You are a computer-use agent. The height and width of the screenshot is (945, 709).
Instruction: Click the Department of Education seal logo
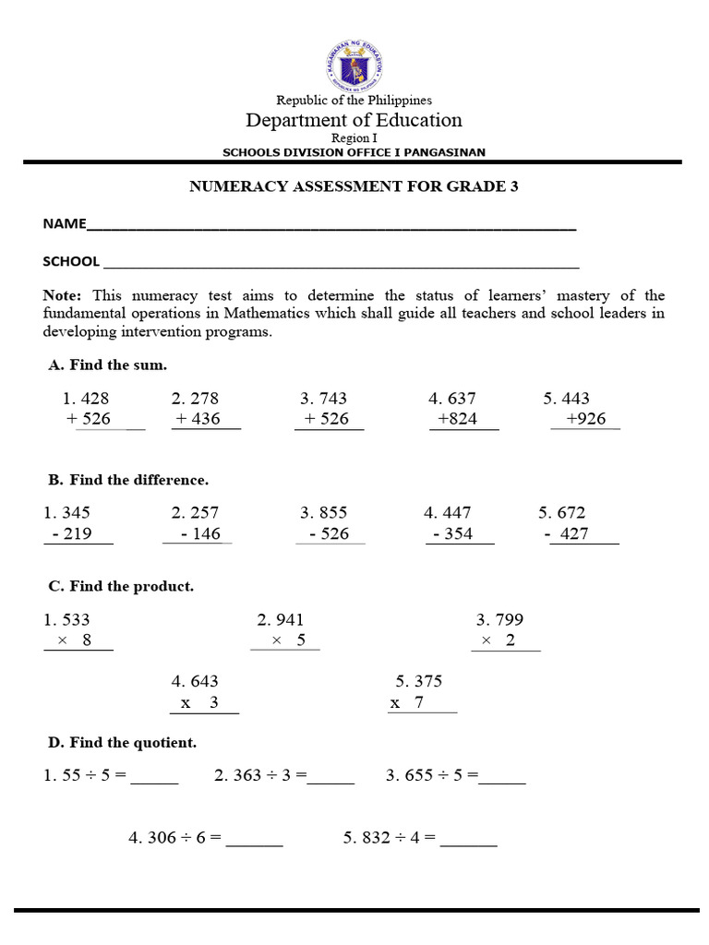[x=354, y=64]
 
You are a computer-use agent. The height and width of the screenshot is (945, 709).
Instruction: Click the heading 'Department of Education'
[x=354, y=120]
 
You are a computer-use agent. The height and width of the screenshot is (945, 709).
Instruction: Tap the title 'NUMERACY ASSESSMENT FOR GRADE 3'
[x=354, y=186]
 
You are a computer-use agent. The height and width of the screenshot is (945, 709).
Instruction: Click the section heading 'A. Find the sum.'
[x=107, y=365]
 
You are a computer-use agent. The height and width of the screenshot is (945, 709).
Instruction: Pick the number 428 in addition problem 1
[x=95, y=399]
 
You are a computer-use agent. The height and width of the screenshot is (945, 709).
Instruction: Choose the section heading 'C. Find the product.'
[x=121, y=586]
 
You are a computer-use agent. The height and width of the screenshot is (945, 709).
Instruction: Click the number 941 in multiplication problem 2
[x=288, y=620]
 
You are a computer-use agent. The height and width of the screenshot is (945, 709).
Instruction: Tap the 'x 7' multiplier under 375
[x=406, y=702]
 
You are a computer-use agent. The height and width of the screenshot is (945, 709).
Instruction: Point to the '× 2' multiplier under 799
[x=499, y=641]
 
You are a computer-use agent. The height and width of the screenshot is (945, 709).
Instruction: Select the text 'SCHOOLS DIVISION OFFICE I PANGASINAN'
[x=354, y=152]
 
